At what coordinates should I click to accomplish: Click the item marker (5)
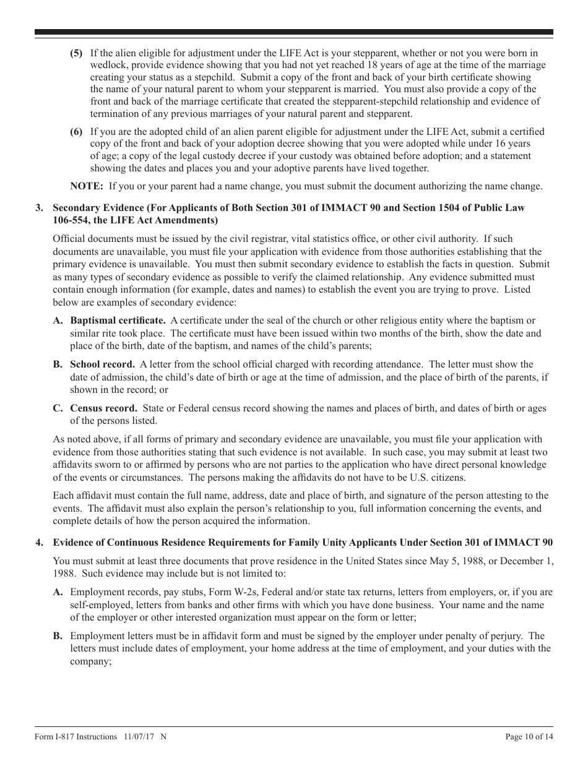(x=76, y=53)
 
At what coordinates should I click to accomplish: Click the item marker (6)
(x=76, y=131)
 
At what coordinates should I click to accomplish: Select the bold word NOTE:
(x=87, y=186)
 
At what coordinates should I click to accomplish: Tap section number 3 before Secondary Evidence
(x=39, y=208)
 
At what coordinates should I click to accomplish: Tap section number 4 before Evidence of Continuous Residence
(x=39, y=543)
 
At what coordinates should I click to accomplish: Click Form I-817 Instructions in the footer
(x=76, y=736)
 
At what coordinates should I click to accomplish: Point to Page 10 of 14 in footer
(x=529, y=736)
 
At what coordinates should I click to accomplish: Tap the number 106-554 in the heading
(x=70, y=220)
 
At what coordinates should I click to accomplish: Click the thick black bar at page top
(x=294, y=32)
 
